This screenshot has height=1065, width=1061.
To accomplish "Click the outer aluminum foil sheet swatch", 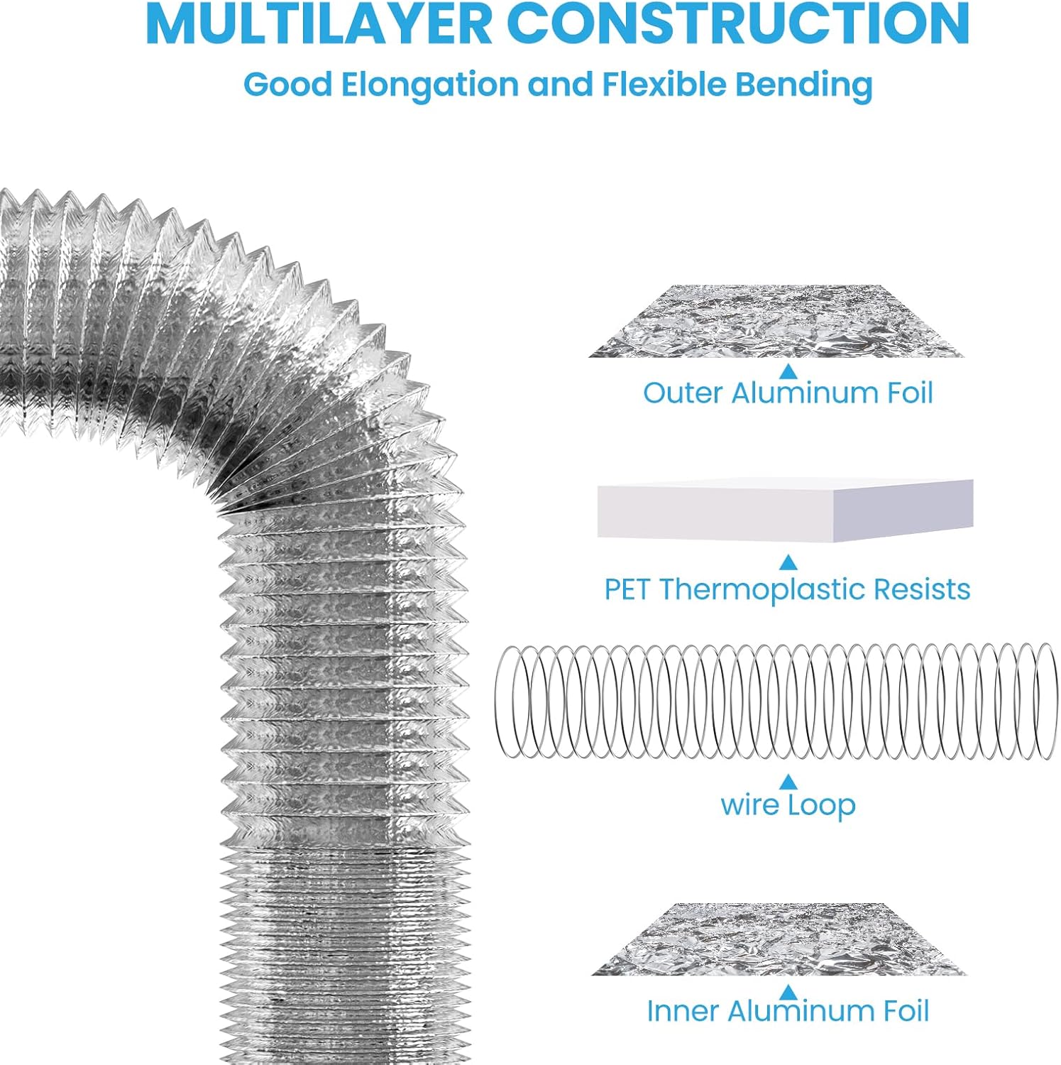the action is [777, 322].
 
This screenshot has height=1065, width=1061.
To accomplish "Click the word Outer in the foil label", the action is [683, 393].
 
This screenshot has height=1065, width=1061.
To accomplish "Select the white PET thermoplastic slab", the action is [784, 510].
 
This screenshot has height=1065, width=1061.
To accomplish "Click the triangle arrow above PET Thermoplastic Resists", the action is [788, 563].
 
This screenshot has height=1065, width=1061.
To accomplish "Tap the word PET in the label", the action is [627, 589].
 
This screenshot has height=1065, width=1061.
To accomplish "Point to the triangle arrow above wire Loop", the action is [788, 782].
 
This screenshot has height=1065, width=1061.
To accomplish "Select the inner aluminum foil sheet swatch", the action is [779, 939].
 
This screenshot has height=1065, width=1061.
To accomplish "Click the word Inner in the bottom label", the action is [682, 1011].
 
